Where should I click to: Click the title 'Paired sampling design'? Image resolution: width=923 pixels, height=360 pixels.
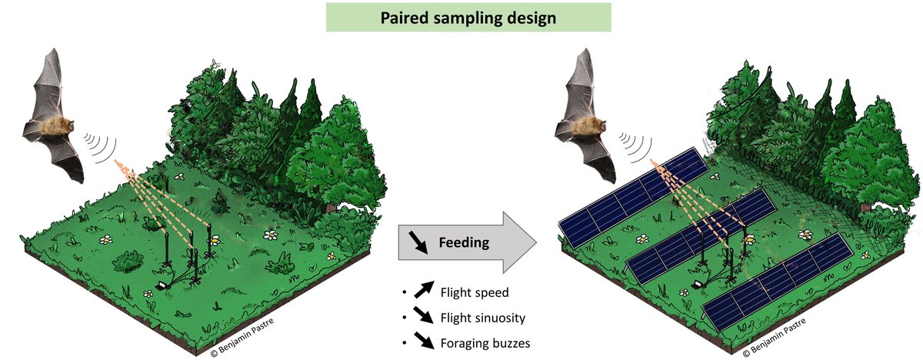pos(469,17)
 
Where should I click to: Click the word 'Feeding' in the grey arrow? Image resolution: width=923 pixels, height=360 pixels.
pos(463,242)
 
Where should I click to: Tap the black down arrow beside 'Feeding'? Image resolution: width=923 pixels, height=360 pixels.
pos(418,243)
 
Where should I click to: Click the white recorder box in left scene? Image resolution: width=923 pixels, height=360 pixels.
pos(162,285)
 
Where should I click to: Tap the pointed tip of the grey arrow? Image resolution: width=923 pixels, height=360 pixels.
pos(536,242)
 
